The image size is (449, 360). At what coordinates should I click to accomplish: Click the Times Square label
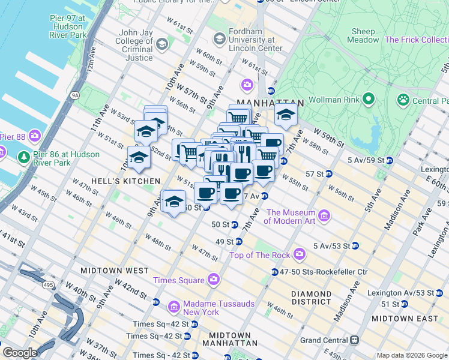point(179,280)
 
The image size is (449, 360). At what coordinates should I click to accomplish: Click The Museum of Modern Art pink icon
point(325,215)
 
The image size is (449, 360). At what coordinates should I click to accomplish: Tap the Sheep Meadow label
point(363,36)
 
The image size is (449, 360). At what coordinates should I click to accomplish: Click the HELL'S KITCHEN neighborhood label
point(125,181)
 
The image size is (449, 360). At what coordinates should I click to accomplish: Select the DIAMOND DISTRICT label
point(311,298)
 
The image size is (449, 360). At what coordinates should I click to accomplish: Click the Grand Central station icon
point(355,340)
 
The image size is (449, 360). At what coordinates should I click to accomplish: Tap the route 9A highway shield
point(74,94)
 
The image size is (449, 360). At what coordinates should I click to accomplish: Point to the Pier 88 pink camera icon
point(34,137)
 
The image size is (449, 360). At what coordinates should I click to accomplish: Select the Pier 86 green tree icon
point(23,158)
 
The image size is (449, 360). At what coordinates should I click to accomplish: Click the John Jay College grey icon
point(161,44)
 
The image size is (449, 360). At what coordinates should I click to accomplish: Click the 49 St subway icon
point(239,242)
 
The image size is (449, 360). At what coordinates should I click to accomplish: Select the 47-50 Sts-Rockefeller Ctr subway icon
point(275,272)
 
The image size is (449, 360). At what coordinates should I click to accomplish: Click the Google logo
point(20,353)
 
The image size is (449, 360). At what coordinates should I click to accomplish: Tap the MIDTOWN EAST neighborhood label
point(398,318)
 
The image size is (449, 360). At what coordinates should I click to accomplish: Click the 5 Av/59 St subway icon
point(390,160)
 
